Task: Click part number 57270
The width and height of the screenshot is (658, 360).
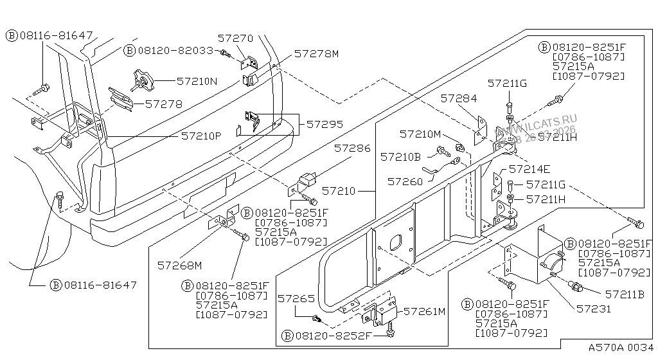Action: (x=235, y=39)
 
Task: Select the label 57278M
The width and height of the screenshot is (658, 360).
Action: (x=316, y=54)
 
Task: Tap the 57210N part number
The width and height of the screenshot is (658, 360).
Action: (x=197, y=82)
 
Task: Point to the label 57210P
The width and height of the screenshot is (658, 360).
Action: (x=201, y=136)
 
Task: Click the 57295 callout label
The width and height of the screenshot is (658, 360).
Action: (x=325, y=124)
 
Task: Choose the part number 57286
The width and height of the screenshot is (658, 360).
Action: (x=351, y=148)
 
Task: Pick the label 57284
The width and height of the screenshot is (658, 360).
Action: (x=459, y=98)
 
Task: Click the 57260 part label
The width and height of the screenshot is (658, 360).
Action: (x=405, y=182)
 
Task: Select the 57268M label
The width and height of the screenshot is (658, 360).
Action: (x=179, y=264)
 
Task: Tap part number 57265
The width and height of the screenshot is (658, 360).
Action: (x=297, y=299)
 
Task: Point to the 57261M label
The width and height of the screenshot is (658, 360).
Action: (x=423, y=312)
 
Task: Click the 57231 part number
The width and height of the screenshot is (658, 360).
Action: (x=594, y=309)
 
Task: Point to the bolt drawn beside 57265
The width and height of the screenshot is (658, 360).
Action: (x=316, y=318)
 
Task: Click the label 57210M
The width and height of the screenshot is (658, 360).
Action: (x=420, y=134)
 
